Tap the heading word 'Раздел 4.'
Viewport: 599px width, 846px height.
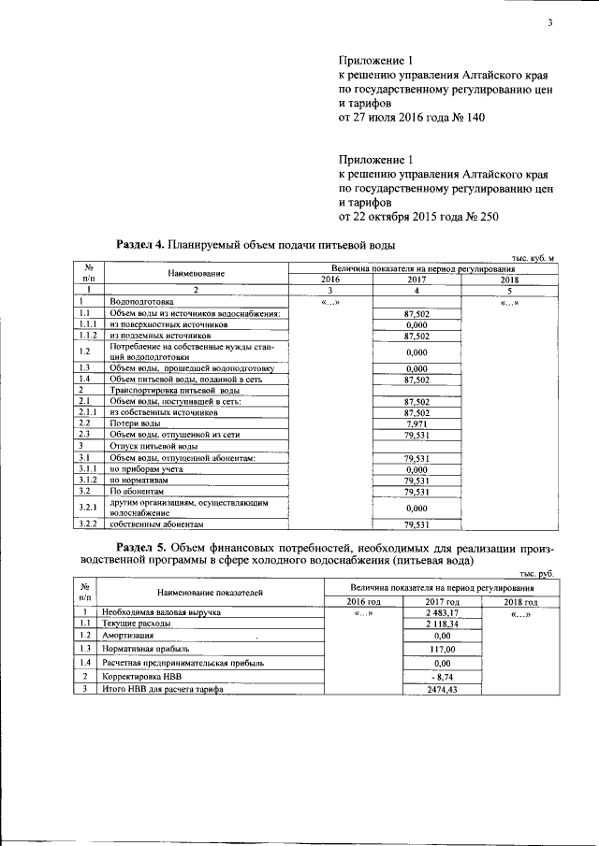[x=139, y=245]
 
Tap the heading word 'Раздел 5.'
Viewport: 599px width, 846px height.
[x=139, y=545]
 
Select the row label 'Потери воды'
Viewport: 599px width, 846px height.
[x=135, y=423]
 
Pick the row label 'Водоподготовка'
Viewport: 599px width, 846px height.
[x=141, y=302]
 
